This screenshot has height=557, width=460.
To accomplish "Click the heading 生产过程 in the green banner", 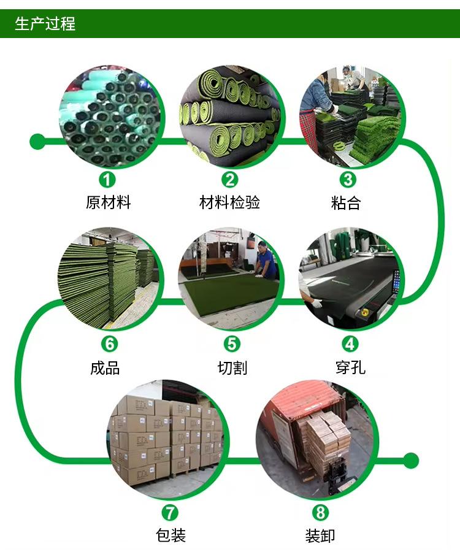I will click(45, 25).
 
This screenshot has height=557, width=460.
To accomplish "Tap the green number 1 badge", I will click(108, 180).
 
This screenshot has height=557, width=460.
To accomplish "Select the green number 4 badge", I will click(350, 344).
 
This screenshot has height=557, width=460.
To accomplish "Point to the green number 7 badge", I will click(170, 512).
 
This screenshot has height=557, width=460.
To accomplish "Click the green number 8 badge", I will click(320, 512).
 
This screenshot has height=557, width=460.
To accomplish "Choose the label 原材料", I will click(109, 202).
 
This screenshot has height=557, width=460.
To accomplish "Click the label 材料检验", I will click(230, 202).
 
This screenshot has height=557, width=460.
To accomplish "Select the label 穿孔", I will click(351, 367).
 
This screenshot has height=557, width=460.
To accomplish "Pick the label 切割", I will click(232, 367).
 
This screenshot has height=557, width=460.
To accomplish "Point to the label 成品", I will click(105, 367).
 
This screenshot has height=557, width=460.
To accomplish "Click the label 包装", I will click(171, 535).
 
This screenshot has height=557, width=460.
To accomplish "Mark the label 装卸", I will click(320, 535).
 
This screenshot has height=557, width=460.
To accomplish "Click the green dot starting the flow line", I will click(37, 142).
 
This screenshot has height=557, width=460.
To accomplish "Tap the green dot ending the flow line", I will click(411, 460).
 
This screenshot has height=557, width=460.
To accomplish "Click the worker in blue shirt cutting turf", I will click(266, 260).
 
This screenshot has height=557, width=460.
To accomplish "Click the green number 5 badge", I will click(232, 344).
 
